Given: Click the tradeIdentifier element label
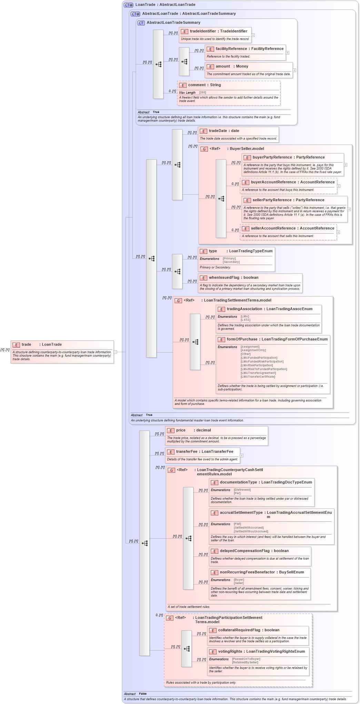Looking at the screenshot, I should point(218,31).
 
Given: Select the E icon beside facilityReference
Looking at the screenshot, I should point(210,49).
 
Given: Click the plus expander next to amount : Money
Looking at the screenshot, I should point(294,70).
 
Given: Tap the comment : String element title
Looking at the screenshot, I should point(204,85).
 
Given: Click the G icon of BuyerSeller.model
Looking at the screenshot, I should point(204,149).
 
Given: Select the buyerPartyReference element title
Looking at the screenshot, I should point(288,157).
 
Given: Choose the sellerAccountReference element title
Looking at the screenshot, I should point(292,228).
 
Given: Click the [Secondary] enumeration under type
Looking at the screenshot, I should point(231,262).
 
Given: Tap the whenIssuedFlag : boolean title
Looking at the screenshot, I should point(233,278).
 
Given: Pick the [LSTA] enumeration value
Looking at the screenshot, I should point(245,320).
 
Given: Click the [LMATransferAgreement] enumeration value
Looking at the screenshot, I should point(258,373).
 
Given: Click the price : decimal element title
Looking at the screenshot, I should point(193,430).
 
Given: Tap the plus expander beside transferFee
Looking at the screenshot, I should point(241,456).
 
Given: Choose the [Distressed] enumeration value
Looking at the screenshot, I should point(242,490).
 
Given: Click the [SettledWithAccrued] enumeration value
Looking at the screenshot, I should point(248,528).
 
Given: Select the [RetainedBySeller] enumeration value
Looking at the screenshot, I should point(245,662).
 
